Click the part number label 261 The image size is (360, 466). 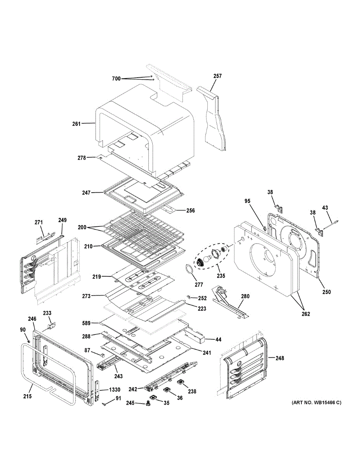[x=76, y=124]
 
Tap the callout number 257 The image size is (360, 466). [x=217, y=76]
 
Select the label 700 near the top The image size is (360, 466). [x=116, y=79]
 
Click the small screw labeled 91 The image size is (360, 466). [x=105, y=404]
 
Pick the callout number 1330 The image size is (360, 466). [x=114, y=389]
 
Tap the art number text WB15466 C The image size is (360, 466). [x=317, y=403]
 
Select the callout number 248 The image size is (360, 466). [x=279, y=358]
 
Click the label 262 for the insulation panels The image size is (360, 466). [x=306, y=314]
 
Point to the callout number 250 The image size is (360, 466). [x=326, y=292]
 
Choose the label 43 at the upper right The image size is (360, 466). [x=325, y=208]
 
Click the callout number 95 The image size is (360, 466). [x=247, y=201]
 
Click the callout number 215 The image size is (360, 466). [x=27, y=396]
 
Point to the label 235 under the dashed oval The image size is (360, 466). [x=221, y=276]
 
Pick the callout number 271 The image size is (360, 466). [x=38, y=223]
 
